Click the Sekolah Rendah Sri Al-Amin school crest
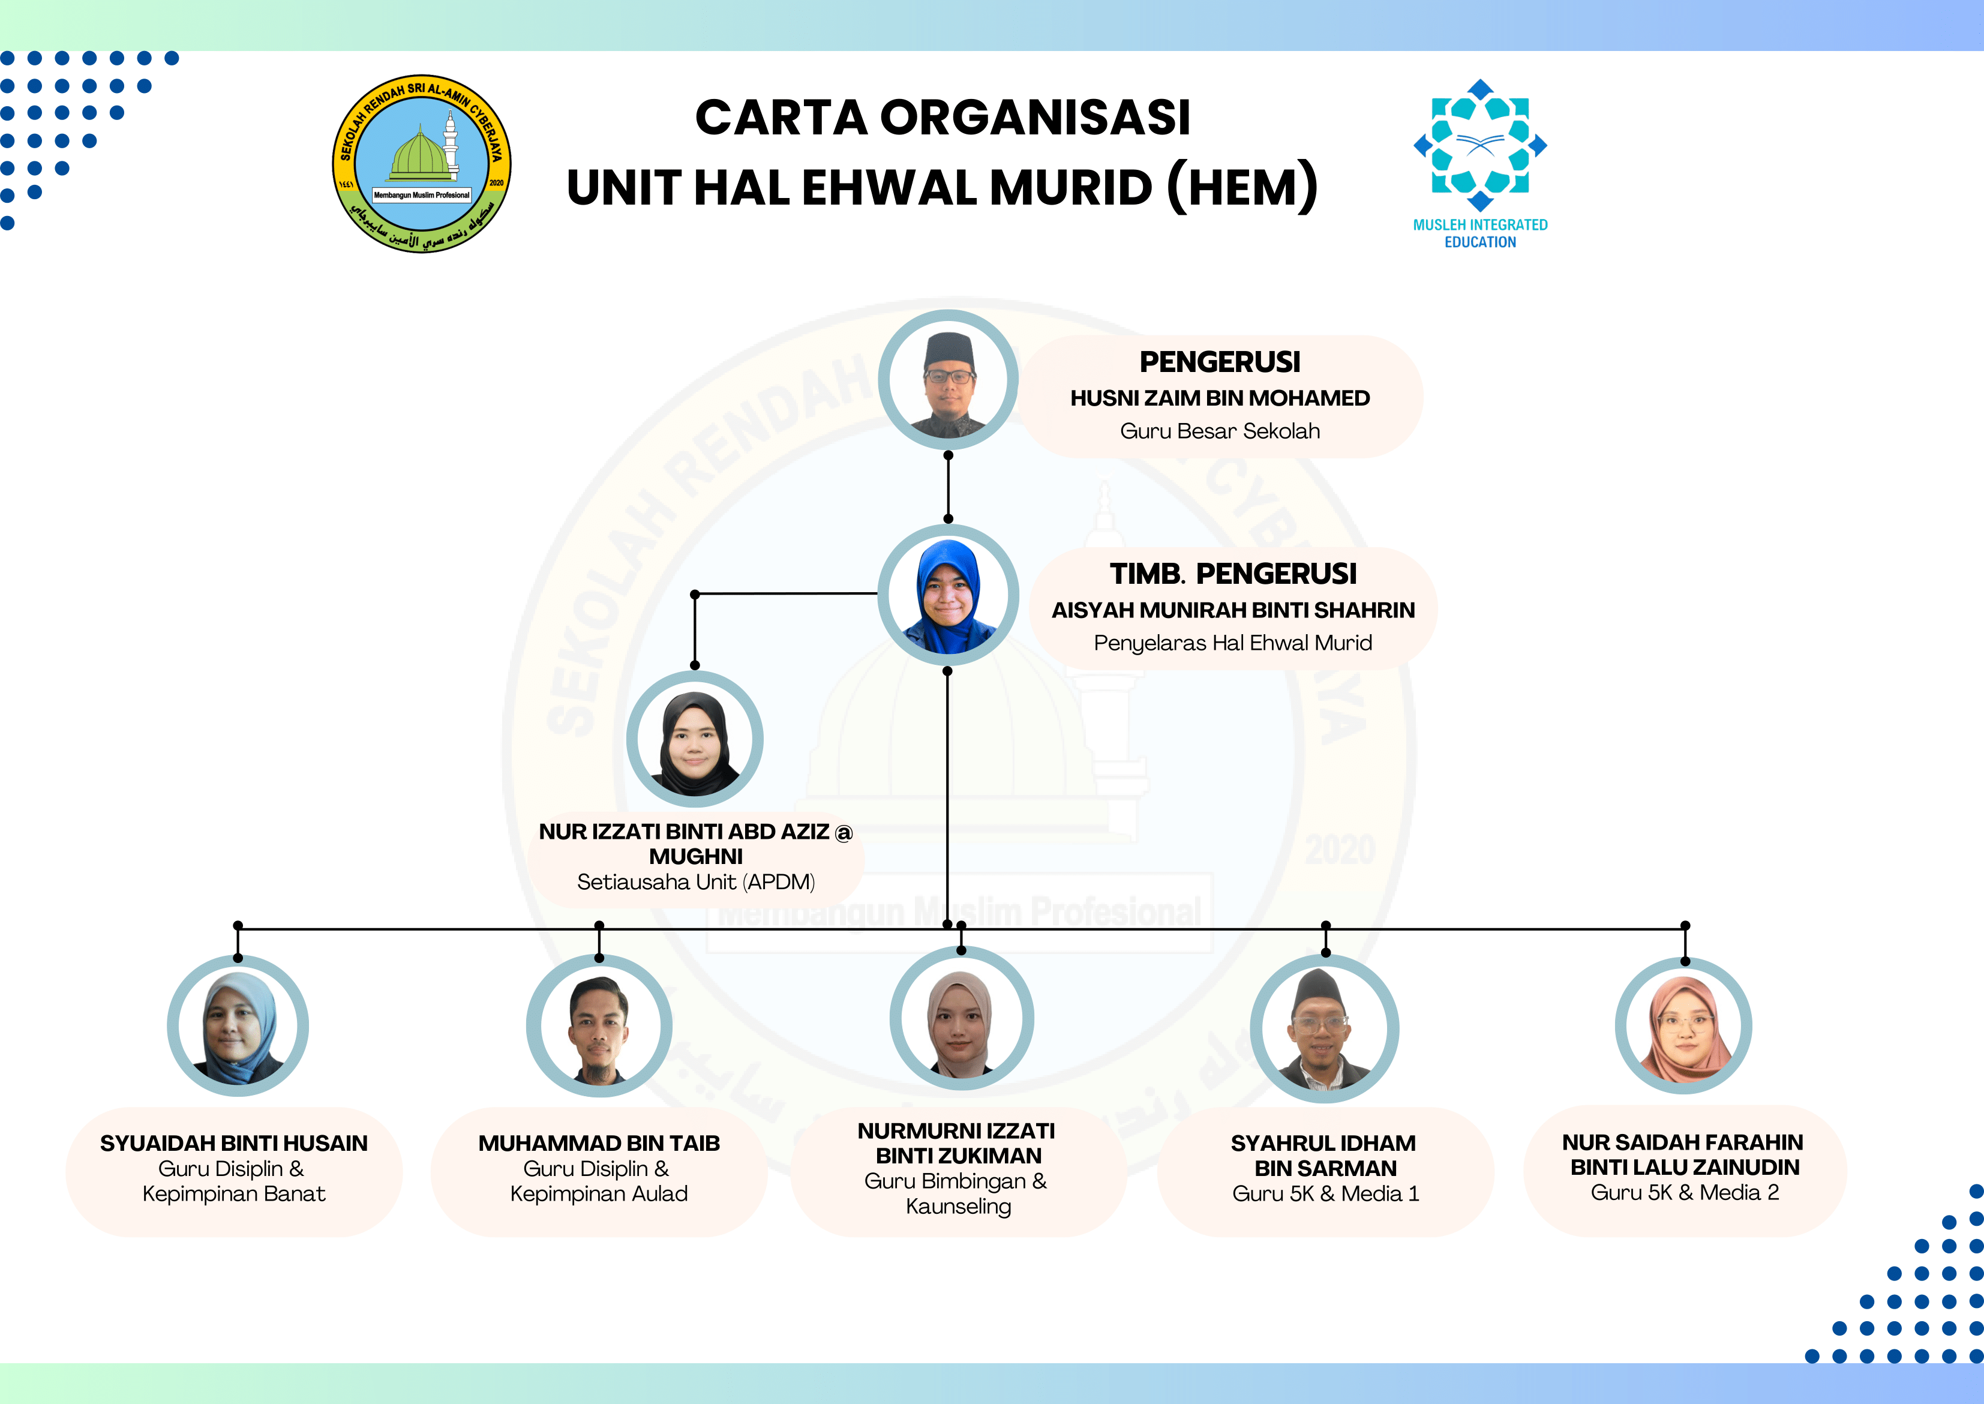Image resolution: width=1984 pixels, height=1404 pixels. click(422, 163)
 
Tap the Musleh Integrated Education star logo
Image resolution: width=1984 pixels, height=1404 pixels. click(1480, 145)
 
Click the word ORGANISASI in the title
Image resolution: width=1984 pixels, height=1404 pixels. click(1035, 118)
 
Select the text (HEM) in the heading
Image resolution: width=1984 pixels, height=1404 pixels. click(1242, 188)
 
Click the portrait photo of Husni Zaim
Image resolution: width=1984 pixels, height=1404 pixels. click(949, 380)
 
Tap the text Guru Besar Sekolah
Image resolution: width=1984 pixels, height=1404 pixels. click(1220, 431)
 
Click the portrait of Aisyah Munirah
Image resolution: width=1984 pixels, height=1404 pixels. click(949, 595)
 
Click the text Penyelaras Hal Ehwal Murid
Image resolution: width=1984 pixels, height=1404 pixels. click(1233, 643)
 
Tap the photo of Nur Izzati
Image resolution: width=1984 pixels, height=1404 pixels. click(694, 739)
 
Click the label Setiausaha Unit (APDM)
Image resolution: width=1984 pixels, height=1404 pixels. click(696, 882)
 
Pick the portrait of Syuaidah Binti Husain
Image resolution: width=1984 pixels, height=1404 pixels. click(238, 1026)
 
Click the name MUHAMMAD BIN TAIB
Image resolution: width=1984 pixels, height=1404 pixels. click(599, 1143)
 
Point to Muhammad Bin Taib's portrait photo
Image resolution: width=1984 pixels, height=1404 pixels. click(599, 1026)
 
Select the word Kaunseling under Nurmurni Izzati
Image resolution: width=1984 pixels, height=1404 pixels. click(958, 1207)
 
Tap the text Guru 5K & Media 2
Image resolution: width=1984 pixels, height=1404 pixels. click(1685, 1192)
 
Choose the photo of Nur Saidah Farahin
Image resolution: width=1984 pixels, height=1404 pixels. click(1684, 1026)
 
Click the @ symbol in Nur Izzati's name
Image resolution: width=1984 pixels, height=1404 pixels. click(844, 833)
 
